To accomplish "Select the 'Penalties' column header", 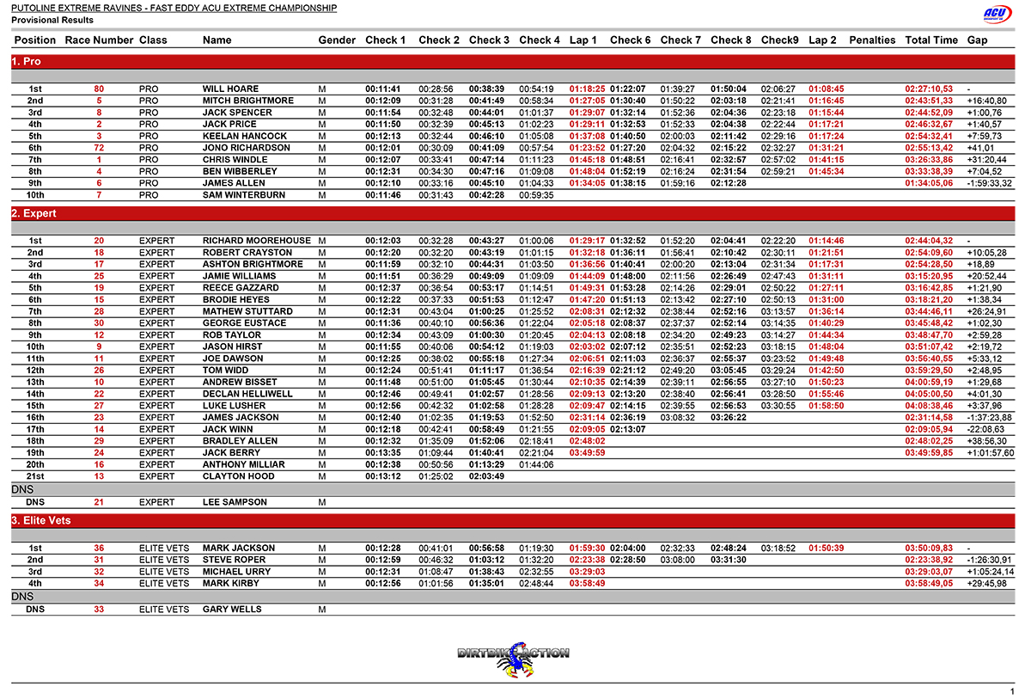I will pyautogui.click(x=872, y=40).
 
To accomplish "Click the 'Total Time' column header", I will pyautogui.click(x=931, y=40).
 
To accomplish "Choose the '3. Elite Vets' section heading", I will pyautogui.click(x=41, y=521).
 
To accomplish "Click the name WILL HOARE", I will pyautogui.click(x=229, y=89).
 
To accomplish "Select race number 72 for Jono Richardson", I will pyautogui.click(x=99, y=148).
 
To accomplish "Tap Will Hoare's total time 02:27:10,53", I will pyautogui.click(x=929, y=89).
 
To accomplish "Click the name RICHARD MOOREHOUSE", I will pyautogui.click(x=257, y=241).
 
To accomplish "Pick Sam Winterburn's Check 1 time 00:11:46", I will pyautogui.click(x=384, y=195).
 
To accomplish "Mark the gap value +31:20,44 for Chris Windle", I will pyautogui.click(x=986, y=160).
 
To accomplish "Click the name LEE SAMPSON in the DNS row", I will pyautogui.click(x=235, y=502).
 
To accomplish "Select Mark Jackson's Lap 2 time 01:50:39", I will pyautogui.click(x=826, y=549).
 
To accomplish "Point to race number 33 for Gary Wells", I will pyautogui.click(x=99, y=610).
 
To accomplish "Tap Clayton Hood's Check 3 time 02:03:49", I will pyautogui.click(x=487, y=476).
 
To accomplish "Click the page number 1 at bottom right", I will pyautogui.click(x=1012, y=691).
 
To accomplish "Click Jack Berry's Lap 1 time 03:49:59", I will pyautogui.click(x=587, y=453).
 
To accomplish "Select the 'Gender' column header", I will pyautogui.click(x=337, y=40).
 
